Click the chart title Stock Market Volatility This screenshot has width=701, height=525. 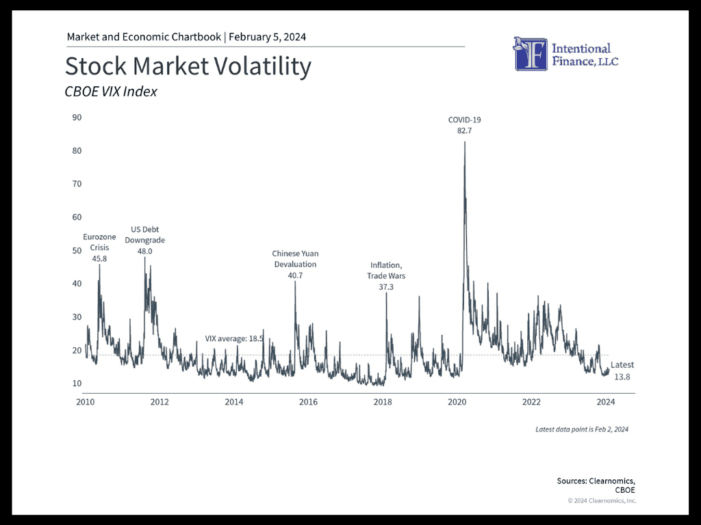pos(188,66)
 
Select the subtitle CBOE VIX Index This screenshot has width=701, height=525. pos(111,92)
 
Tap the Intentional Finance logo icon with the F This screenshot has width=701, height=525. pos(531,54)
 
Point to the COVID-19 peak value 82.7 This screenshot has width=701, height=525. pos(465,131)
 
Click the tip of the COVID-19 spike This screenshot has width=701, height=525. pos(465,142)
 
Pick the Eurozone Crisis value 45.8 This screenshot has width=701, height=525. pos(99,259)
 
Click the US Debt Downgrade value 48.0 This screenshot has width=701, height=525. pos(145,252)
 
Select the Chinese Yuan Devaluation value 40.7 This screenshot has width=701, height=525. pos(295,275)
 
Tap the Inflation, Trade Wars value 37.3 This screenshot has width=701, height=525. pos(386,287)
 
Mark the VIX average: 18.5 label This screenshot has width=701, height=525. pos(234,339)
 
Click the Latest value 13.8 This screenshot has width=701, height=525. pos(622,377)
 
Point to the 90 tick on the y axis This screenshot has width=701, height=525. pos(77,118)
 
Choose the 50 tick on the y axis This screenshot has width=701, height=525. pos(77,250)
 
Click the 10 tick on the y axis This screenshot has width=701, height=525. pos(77,383)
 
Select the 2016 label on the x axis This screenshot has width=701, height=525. pos(308,402)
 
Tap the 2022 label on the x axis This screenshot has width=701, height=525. pos(531,402)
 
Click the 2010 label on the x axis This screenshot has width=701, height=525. pos(86,402)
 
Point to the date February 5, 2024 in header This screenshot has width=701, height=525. pos(268,37)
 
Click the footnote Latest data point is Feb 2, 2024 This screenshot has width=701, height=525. pos(582,429)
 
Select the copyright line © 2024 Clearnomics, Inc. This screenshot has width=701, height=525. pos(602,500)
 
